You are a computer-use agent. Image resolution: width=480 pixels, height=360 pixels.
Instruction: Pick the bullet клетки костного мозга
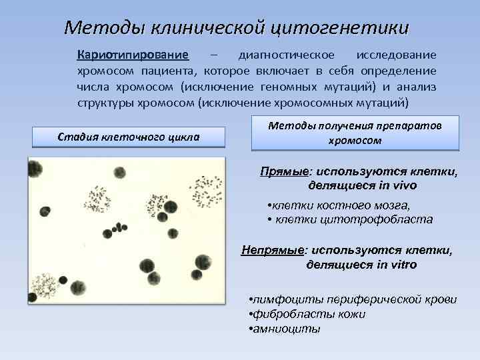[x=339, y=205]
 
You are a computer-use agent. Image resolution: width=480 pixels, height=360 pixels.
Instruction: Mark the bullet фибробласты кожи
[x=306, y=314]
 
